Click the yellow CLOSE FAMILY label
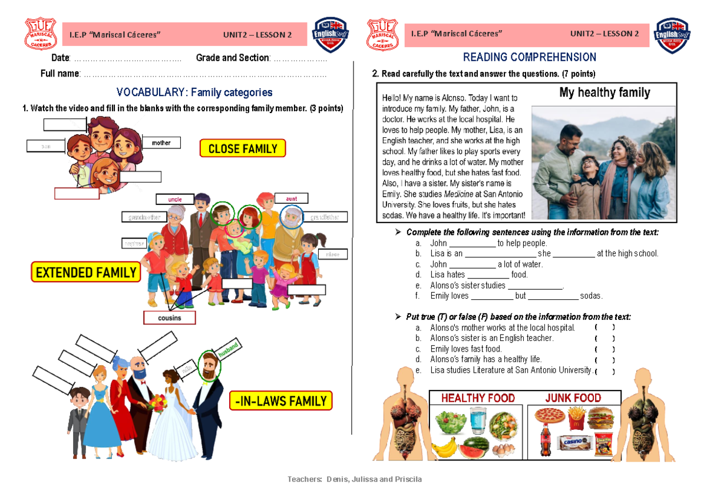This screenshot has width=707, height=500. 243,148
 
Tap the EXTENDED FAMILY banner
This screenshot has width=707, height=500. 86,273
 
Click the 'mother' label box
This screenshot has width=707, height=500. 161,143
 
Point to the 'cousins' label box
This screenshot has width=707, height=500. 170,318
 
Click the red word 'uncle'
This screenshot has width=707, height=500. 175,200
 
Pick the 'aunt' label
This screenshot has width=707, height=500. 291,199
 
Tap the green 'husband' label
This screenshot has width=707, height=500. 230,349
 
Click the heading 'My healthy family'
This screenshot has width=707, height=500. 604,92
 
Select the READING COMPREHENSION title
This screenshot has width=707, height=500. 529,57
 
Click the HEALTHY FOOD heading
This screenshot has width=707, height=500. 478,398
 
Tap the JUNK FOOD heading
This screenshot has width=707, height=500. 573,398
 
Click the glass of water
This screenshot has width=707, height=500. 479,422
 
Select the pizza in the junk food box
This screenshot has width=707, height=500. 550,417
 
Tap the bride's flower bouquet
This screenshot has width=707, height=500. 158,403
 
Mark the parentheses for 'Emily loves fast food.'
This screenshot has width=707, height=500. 604,349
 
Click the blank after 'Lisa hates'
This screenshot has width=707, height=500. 487,275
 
